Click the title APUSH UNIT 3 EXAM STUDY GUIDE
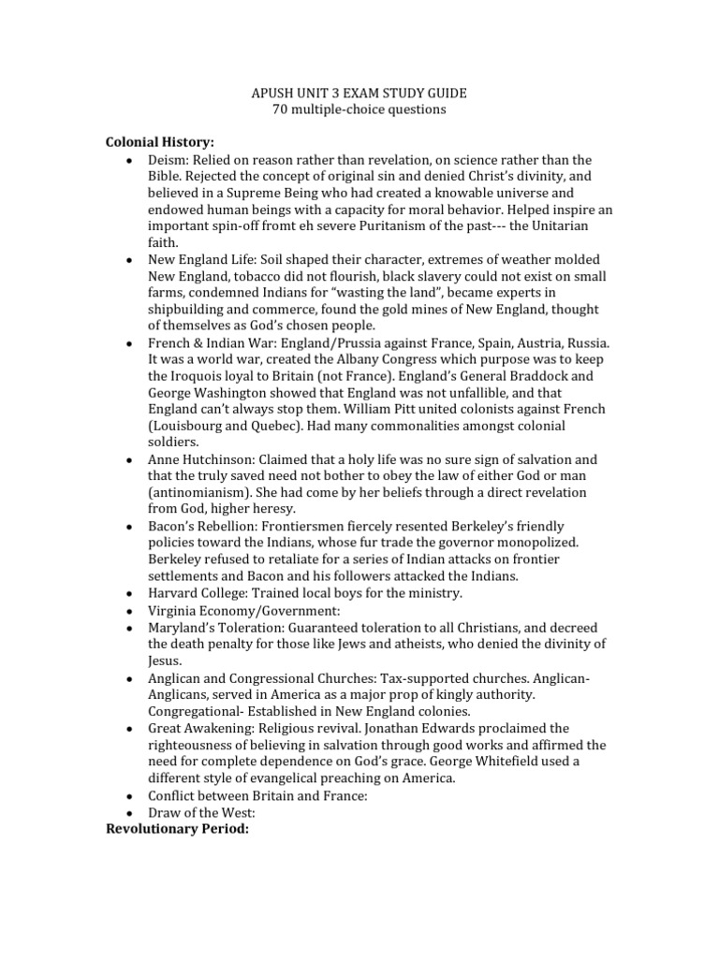click(x=359, y=94)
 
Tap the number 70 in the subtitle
click(x=280, y=110)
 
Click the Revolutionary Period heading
click(x=176, y=829)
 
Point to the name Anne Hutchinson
click(x=201, y=459)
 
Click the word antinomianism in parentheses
click(x=206, y=493)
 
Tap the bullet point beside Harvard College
click(x=127, y=594)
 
